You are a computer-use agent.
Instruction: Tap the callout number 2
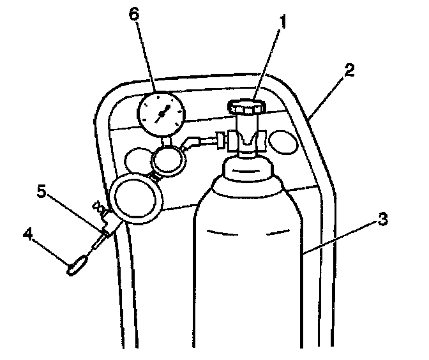[349, 69]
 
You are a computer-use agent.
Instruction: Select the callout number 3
[380, 220]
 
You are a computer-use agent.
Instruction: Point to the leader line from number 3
[342, 236]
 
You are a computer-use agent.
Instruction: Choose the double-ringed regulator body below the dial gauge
[169, 160]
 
